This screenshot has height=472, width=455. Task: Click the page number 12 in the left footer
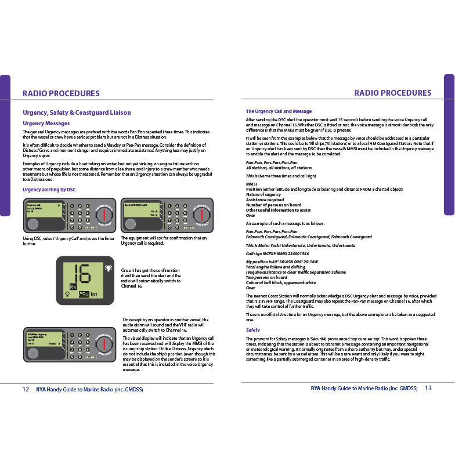coord(26,389)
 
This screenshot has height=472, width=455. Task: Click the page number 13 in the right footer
coord(428,388)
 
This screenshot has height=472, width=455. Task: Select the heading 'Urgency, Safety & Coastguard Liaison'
coord(77,112)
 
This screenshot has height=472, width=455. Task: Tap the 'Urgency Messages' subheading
coord(46,124)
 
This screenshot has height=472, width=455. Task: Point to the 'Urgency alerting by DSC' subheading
coord(49,190)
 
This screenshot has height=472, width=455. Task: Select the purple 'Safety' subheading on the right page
coord(253,330)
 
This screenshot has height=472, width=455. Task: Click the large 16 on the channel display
coord(81,273)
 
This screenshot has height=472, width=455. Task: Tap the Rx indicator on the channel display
coord(73,286)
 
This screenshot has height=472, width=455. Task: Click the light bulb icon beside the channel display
coord(108,267)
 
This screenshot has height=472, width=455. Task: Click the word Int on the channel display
coord(94,295)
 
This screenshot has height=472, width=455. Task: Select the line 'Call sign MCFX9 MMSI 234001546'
coord(277,253)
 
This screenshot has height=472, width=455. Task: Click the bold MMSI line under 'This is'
coord(251,184)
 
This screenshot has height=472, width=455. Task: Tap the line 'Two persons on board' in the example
coord(266,277)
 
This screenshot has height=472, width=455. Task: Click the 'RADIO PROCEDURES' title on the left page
coord(61,93)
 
